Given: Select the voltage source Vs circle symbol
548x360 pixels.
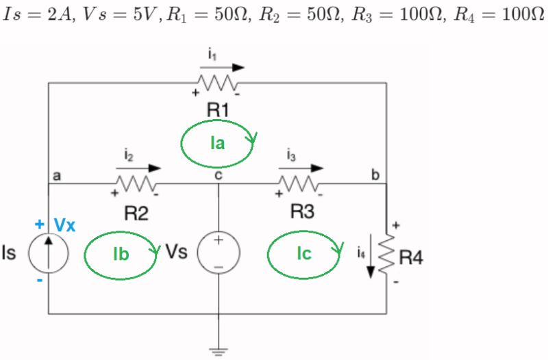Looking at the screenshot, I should click(218, 253).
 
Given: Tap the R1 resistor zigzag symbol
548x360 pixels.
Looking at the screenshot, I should click(217, 83).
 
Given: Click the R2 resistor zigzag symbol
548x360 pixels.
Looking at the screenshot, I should click(136, 183).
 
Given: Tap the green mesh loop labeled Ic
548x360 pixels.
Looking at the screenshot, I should click(305, 254).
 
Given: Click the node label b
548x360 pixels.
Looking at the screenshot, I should click(375, 175).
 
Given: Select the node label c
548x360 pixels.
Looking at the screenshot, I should click(218, 175).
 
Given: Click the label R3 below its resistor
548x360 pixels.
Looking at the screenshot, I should click(301, 211).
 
